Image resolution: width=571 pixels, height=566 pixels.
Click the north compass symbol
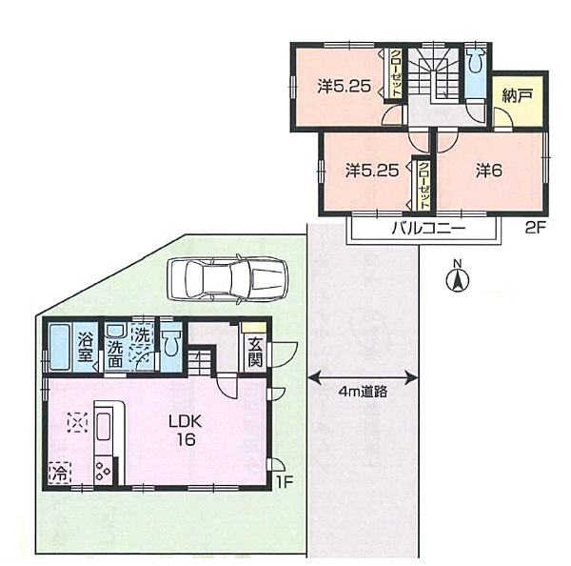(x=458, y=279)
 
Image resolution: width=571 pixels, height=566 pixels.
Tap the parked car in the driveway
(x=227, y=278)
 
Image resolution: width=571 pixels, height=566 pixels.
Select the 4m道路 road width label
(x=363, y=392)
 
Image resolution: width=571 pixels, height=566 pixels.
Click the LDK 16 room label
(x=186, y=431)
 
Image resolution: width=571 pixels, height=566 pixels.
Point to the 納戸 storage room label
(x=517, y=95)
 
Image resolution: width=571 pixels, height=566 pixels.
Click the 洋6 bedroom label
(x=489, y=171)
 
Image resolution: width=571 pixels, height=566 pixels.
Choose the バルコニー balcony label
(x=428, y=229)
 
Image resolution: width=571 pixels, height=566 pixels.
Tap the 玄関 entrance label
(x=255, y=353)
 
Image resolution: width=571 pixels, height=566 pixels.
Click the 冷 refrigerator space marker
(x=59, y=474)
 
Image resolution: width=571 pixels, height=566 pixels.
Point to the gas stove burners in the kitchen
(x=103, y=471)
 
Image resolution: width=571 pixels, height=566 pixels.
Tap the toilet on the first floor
(x=171, y=343)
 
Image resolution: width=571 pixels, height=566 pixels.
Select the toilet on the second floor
(x=476, y=60)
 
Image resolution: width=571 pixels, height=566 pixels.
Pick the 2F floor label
(x=535, y=228)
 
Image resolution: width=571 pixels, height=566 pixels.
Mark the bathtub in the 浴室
(x=59, y=347)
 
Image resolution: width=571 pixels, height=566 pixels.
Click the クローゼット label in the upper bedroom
(x=396, y=73)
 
